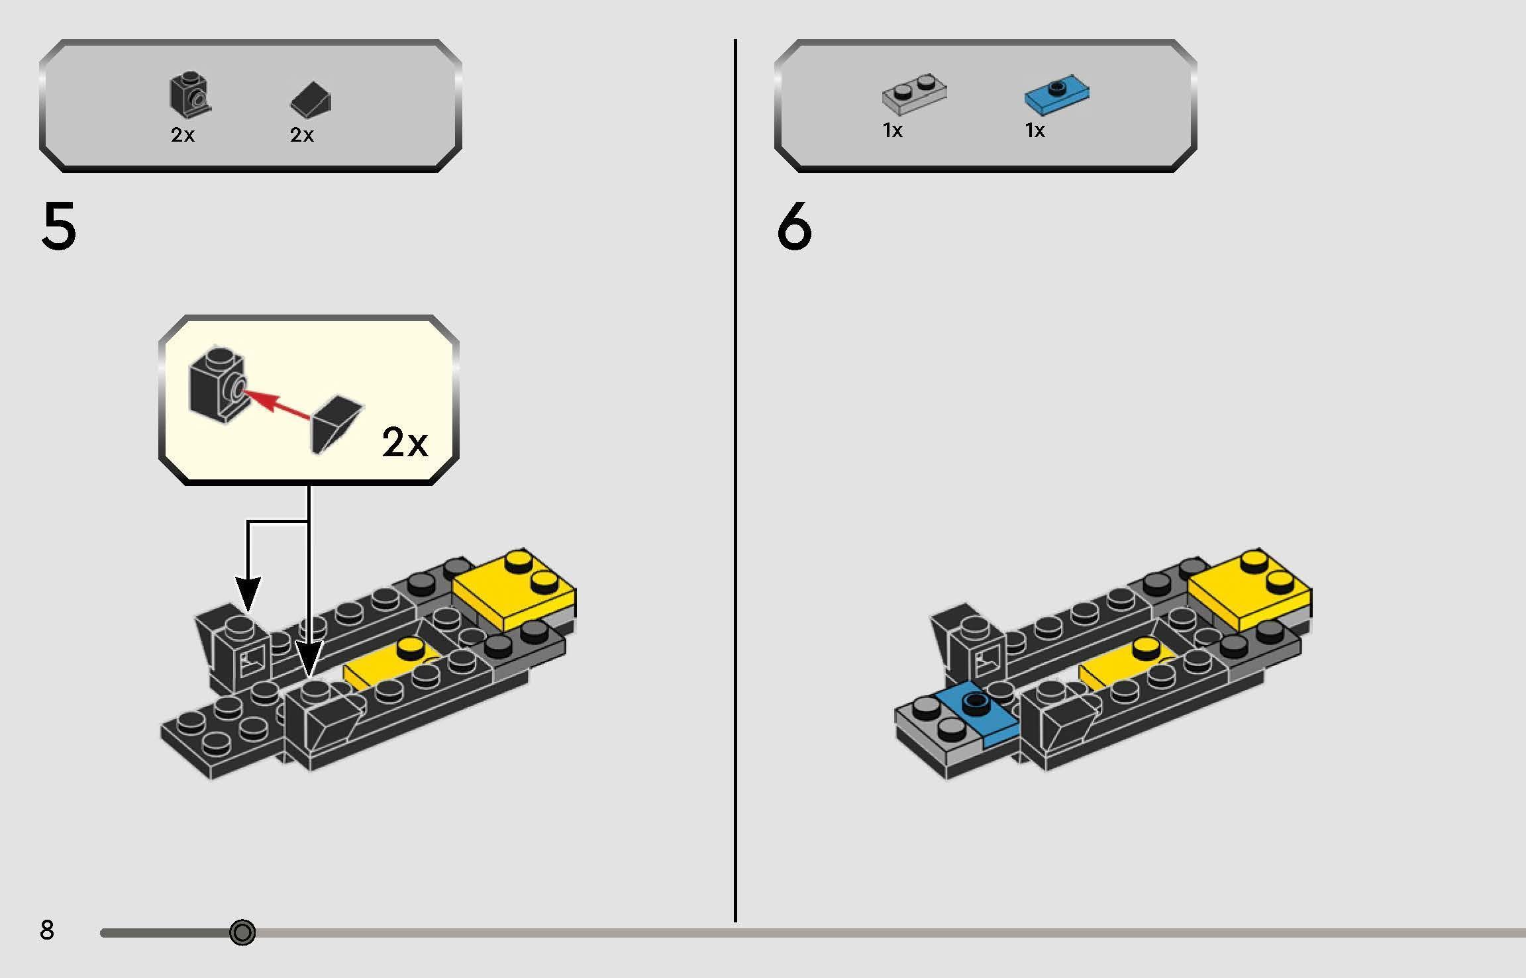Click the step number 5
(x=58, y=226)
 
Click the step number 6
(x=793, y=226)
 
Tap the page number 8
(x=46, y=930)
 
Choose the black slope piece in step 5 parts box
(x=311, y=99)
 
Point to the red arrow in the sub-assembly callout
(x=277, y=405)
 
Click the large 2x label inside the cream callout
(x=405, y=442)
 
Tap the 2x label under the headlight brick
(x=183, y=135)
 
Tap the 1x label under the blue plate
(x=1035, y=130)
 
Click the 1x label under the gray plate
(x=892, y=130)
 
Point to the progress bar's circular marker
(x=242, y=932)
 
